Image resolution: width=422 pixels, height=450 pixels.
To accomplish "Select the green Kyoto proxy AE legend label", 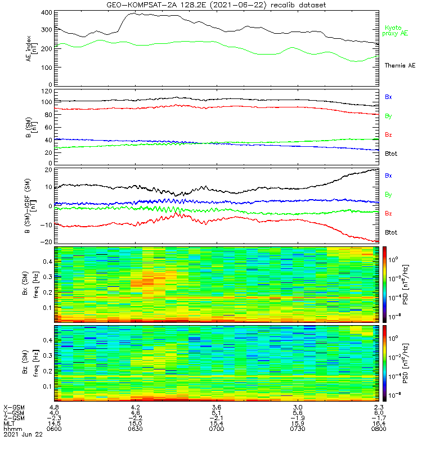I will [396, 30].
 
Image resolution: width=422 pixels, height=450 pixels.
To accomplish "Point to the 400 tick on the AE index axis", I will [47, 12].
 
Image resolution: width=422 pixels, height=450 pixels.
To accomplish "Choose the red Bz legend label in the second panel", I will [388, 134].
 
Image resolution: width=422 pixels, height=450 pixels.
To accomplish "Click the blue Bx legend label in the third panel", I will [388, 175].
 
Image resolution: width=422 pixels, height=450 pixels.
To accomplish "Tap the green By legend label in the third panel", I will [388, 195].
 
